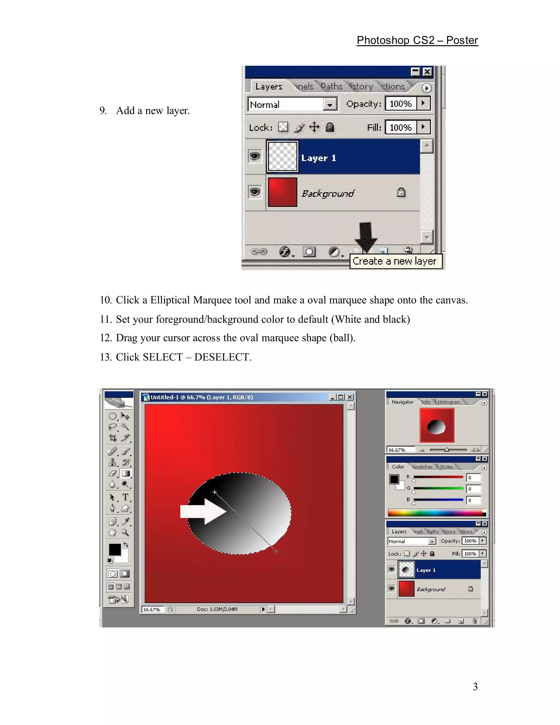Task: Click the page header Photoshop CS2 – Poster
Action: click(x=417, y=40)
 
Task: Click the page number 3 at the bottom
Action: click(x=475, y=686)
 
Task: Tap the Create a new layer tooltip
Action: click(x=395, y=261)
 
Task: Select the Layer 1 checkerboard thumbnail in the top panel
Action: click(x=282, y=157)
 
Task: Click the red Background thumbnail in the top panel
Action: click(x=282, y=192)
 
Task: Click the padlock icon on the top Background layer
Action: click(x=401, y=192)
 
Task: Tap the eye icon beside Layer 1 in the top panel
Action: click(x=255, y=156)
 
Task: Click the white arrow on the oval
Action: click(x=202, y=512)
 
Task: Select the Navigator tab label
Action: click(x=402, y=402)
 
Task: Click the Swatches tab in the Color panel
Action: click(x=422, y=467)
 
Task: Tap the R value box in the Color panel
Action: click(x=473, y=478)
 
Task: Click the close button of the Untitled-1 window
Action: click(x=350, y=397)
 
